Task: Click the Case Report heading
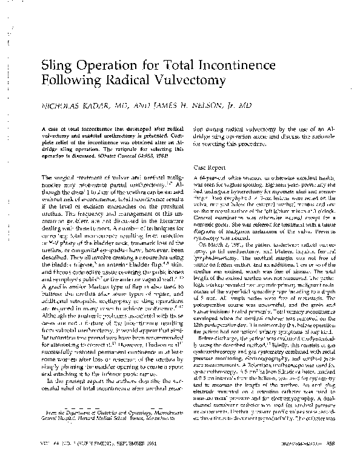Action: [209, 165]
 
